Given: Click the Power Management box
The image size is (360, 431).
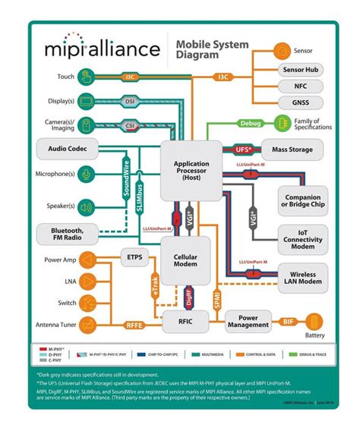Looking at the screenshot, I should (x=248, y=322).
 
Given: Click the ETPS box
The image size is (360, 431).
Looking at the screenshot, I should (x=134, y=259).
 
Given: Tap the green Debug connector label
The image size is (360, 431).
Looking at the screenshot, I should (x=250, y=123).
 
